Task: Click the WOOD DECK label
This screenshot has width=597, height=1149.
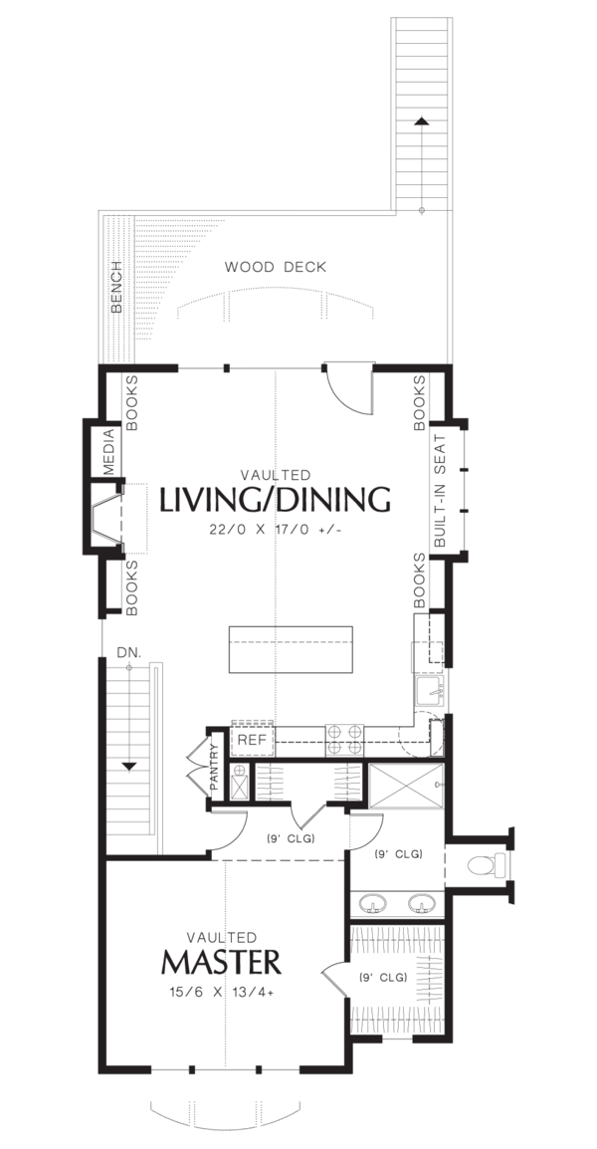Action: pyautogui.click(x=275, y=267)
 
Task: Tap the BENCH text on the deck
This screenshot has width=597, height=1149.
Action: pyautogui.click(x=116, y=288)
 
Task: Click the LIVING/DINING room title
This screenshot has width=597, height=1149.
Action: pyautogui.click(x=275, y=500)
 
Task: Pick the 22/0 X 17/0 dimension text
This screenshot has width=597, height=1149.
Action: pyautogui.click(x=275, y=530)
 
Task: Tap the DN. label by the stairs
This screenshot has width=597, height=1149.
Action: pyautogui.click(x=128, y=651)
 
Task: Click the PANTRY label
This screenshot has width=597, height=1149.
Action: pyautogui.click(x=214, y=765)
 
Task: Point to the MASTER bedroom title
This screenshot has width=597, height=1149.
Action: pyautogui.click(x=221, y=963)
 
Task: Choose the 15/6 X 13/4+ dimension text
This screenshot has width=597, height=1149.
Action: pyautogui.click(x=221, y=992)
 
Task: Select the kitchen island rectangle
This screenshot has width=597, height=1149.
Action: pyautogui.click(x=291, y=650)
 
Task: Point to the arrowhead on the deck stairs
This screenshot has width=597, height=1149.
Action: pyautogui.click(x=422, y=121)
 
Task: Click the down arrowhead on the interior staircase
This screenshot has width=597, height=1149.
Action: pyautogui.click(x=128, y=766)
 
